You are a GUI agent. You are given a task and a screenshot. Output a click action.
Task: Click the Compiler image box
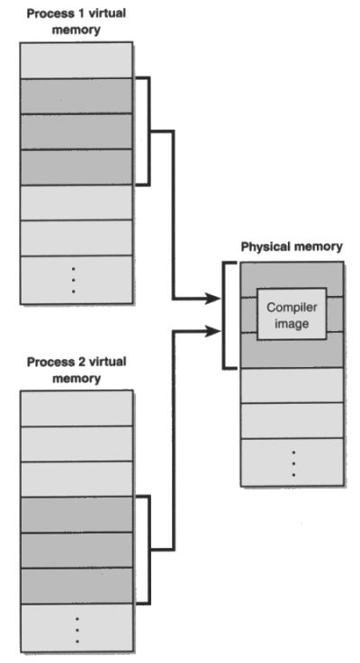pyautogui.click(x=292, y=314)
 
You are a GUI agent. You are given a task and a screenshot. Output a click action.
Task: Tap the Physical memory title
pyautogui.click(x=292, y=246)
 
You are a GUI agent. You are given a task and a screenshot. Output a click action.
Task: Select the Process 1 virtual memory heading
pyautogui.click(x=76, y=22)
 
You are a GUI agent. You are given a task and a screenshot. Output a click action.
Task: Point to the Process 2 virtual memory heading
pyautogui.click(x=76, y=370)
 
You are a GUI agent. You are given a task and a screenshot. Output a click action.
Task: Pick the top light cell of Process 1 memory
pyautogui.click(x=76, y=60)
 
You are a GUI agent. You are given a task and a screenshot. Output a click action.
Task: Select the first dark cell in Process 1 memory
pyautogui.click(x=76, y=96)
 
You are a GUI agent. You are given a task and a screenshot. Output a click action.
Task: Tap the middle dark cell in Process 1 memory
pyautogui.click(x=76, y=131)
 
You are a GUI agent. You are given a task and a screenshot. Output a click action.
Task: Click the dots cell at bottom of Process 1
pyautogui.click(x=76, y=280)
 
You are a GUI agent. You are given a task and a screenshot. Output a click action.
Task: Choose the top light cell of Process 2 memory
pyautogui.click(x=77, y=408)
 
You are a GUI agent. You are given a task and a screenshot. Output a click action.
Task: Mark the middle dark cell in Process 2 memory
pyautogui.click(x=77, y=550)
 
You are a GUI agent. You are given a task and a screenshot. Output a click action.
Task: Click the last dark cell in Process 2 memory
pyautogui.click(x=77, y=586)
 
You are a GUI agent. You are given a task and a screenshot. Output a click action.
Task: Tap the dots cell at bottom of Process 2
pyautogui.click(x=77, y=628)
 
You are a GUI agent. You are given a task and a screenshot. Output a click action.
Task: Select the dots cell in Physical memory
pyautogui.click(x=292, y=462)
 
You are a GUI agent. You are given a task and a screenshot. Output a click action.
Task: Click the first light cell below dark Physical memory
pyautogui.click(x=292, y=385)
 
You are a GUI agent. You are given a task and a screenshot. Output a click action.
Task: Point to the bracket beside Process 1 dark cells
pyautogui.click(x=149, y=131)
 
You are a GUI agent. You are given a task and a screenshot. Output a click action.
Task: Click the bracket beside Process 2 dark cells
pyautogui.click(x=149, y=550)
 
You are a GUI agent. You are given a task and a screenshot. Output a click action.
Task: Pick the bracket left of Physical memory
pyautogui.click(x=224, y=316)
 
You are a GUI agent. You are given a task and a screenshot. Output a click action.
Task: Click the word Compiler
pyautogui.click(x=292, y=307)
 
